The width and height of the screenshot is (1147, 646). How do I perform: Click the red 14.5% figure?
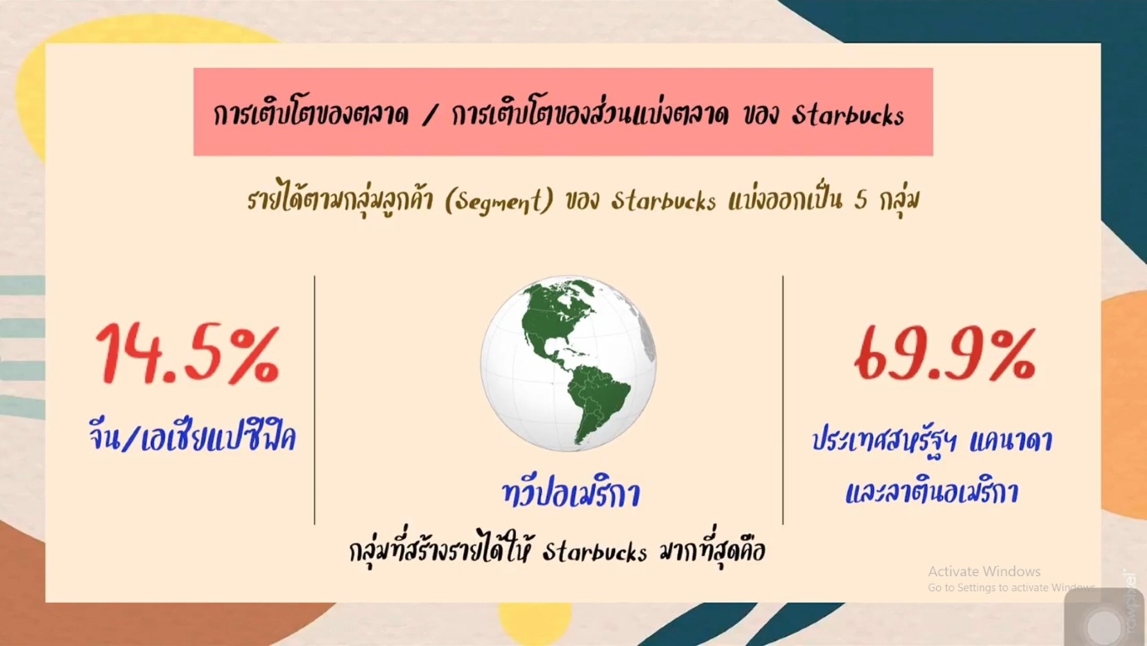187,354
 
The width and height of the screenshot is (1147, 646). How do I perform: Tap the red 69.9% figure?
944,355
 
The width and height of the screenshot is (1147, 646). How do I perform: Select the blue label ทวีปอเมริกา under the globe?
571,493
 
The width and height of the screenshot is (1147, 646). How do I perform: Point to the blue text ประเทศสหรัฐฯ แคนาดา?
933,441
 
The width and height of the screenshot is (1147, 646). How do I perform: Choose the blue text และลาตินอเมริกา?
932,491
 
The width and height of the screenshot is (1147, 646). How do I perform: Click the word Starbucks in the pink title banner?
848,115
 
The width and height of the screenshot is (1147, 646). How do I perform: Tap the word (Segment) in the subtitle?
499,200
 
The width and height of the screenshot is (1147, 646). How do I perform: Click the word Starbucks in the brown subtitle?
664,200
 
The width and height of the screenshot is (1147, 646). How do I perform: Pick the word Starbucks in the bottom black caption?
594,552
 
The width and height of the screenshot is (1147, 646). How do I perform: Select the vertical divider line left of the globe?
314,400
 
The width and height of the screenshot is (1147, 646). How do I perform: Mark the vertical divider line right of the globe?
783,400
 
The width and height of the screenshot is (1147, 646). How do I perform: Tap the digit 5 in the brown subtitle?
860,200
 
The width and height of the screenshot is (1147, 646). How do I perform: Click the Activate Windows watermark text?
984,571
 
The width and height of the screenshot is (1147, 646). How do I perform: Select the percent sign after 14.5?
252,355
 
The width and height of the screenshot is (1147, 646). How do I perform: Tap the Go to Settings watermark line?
1012,588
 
